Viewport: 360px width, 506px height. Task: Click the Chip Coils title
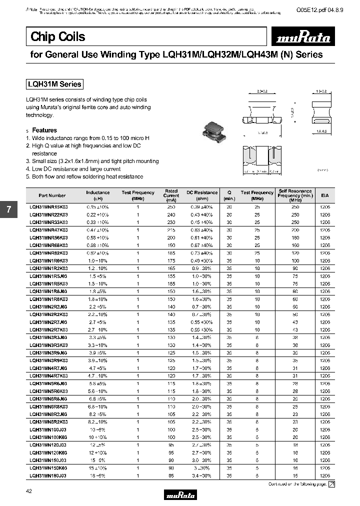click(x=58, y=36)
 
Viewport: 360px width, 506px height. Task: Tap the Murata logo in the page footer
click(x=180, y=494)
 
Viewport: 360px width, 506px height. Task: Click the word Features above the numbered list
click(x=44, y=130)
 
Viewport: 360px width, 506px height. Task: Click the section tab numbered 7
click(x=8, y=209)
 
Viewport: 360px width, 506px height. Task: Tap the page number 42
click(x=28, y=492)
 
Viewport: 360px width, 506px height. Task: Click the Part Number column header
click(x=51, y=195)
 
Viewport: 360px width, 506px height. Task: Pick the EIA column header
click(x=324, y=195)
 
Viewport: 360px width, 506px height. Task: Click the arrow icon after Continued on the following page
click(x=331, y=484)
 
